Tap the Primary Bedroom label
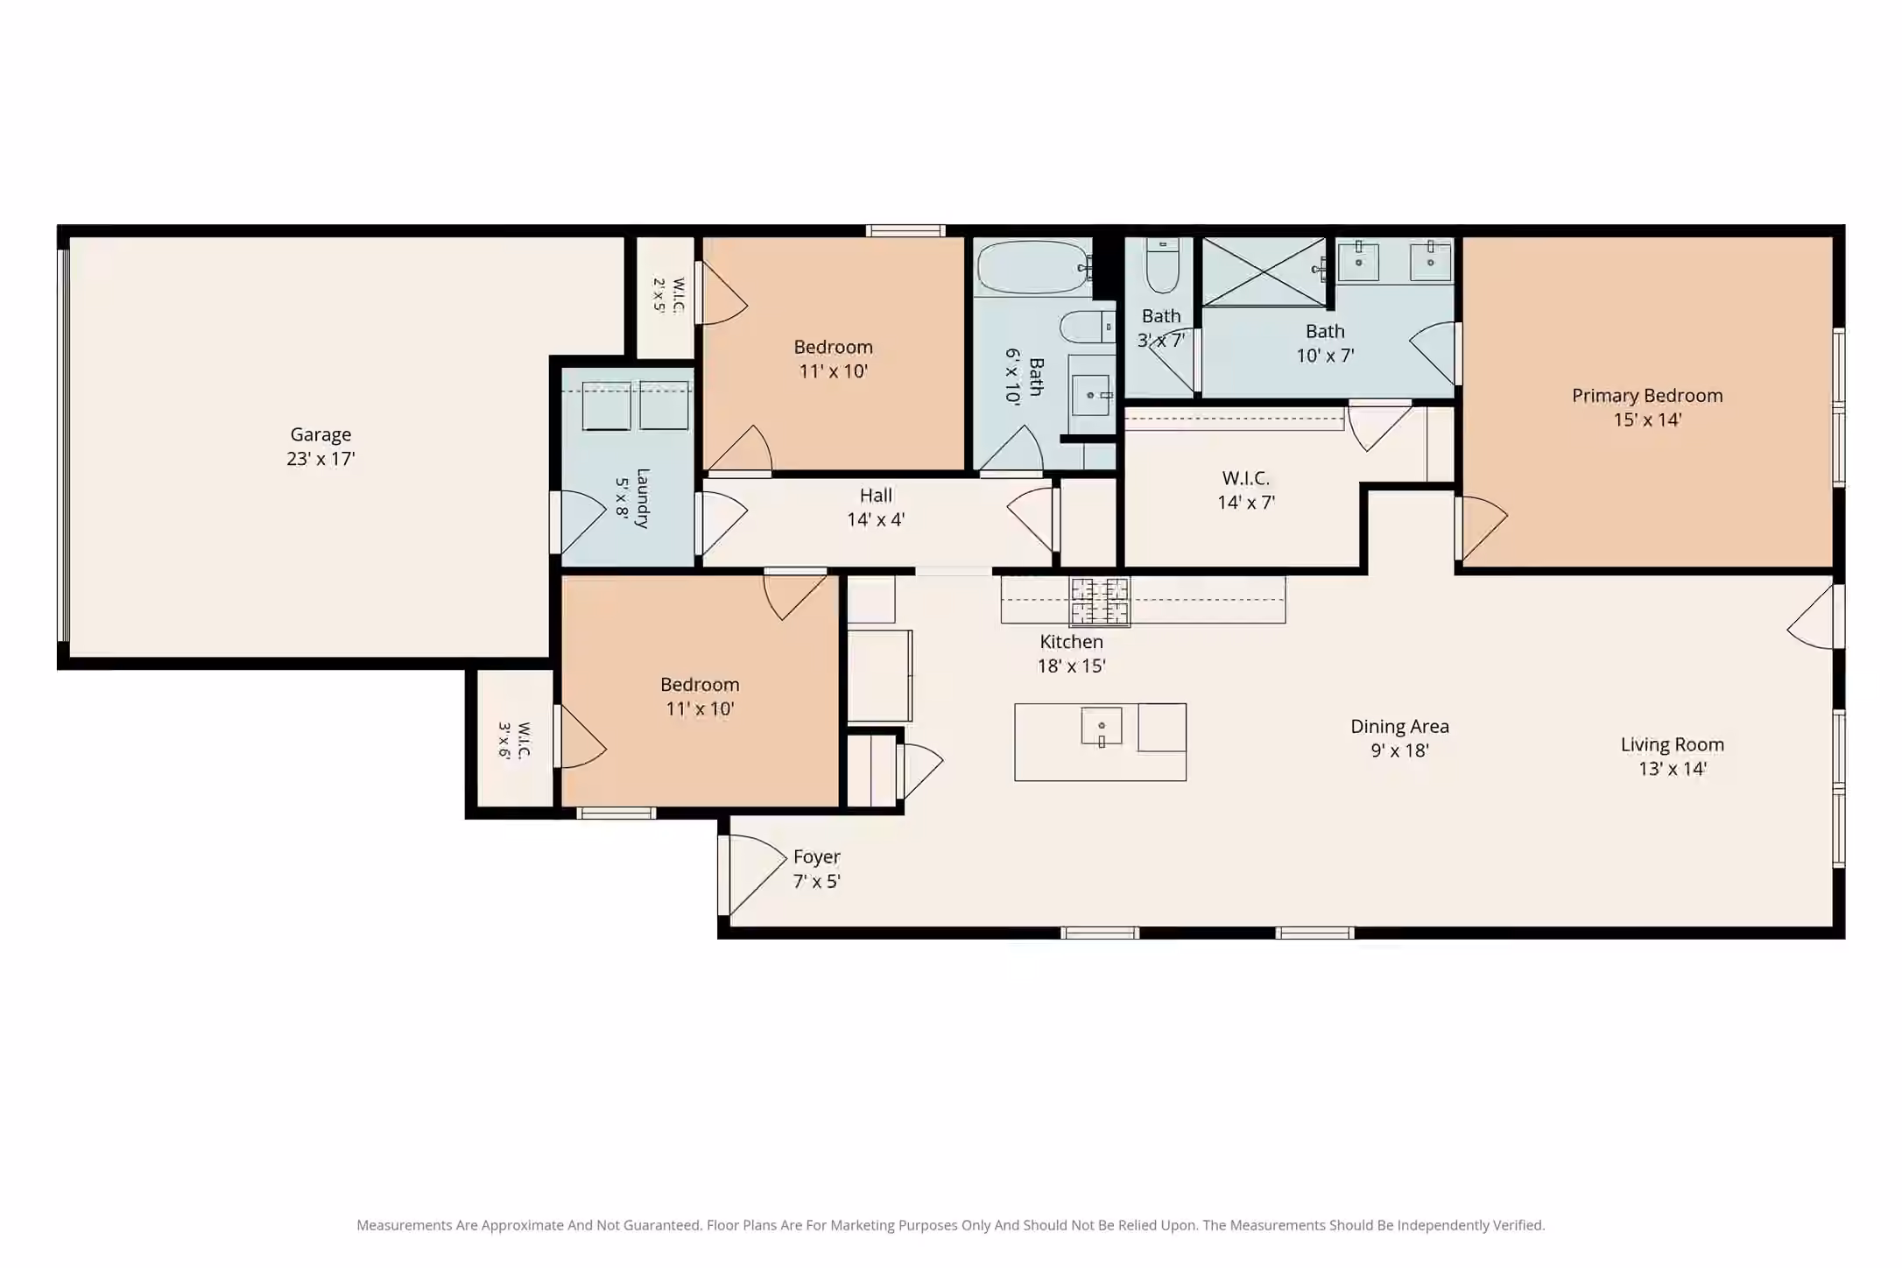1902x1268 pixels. coord(1647,396)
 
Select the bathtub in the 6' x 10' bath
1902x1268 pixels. coord(1032,268)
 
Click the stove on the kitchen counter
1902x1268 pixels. coord(1100,602)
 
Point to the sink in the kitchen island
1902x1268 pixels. coord(1102,727)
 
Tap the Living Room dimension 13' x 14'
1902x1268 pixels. coord(1673,769)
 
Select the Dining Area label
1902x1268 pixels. coord(1399,726)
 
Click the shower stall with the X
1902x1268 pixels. coord(1264,271)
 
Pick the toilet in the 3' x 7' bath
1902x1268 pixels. coord(1162,265)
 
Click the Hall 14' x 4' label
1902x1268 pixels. coord(876,508)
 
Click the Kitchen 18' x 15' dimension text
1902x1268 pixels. coord(1072,666)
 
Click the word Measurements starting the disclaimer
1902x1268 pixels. coord(404,1225)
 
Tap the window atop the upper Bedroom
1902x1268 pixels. coord(905,231)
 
